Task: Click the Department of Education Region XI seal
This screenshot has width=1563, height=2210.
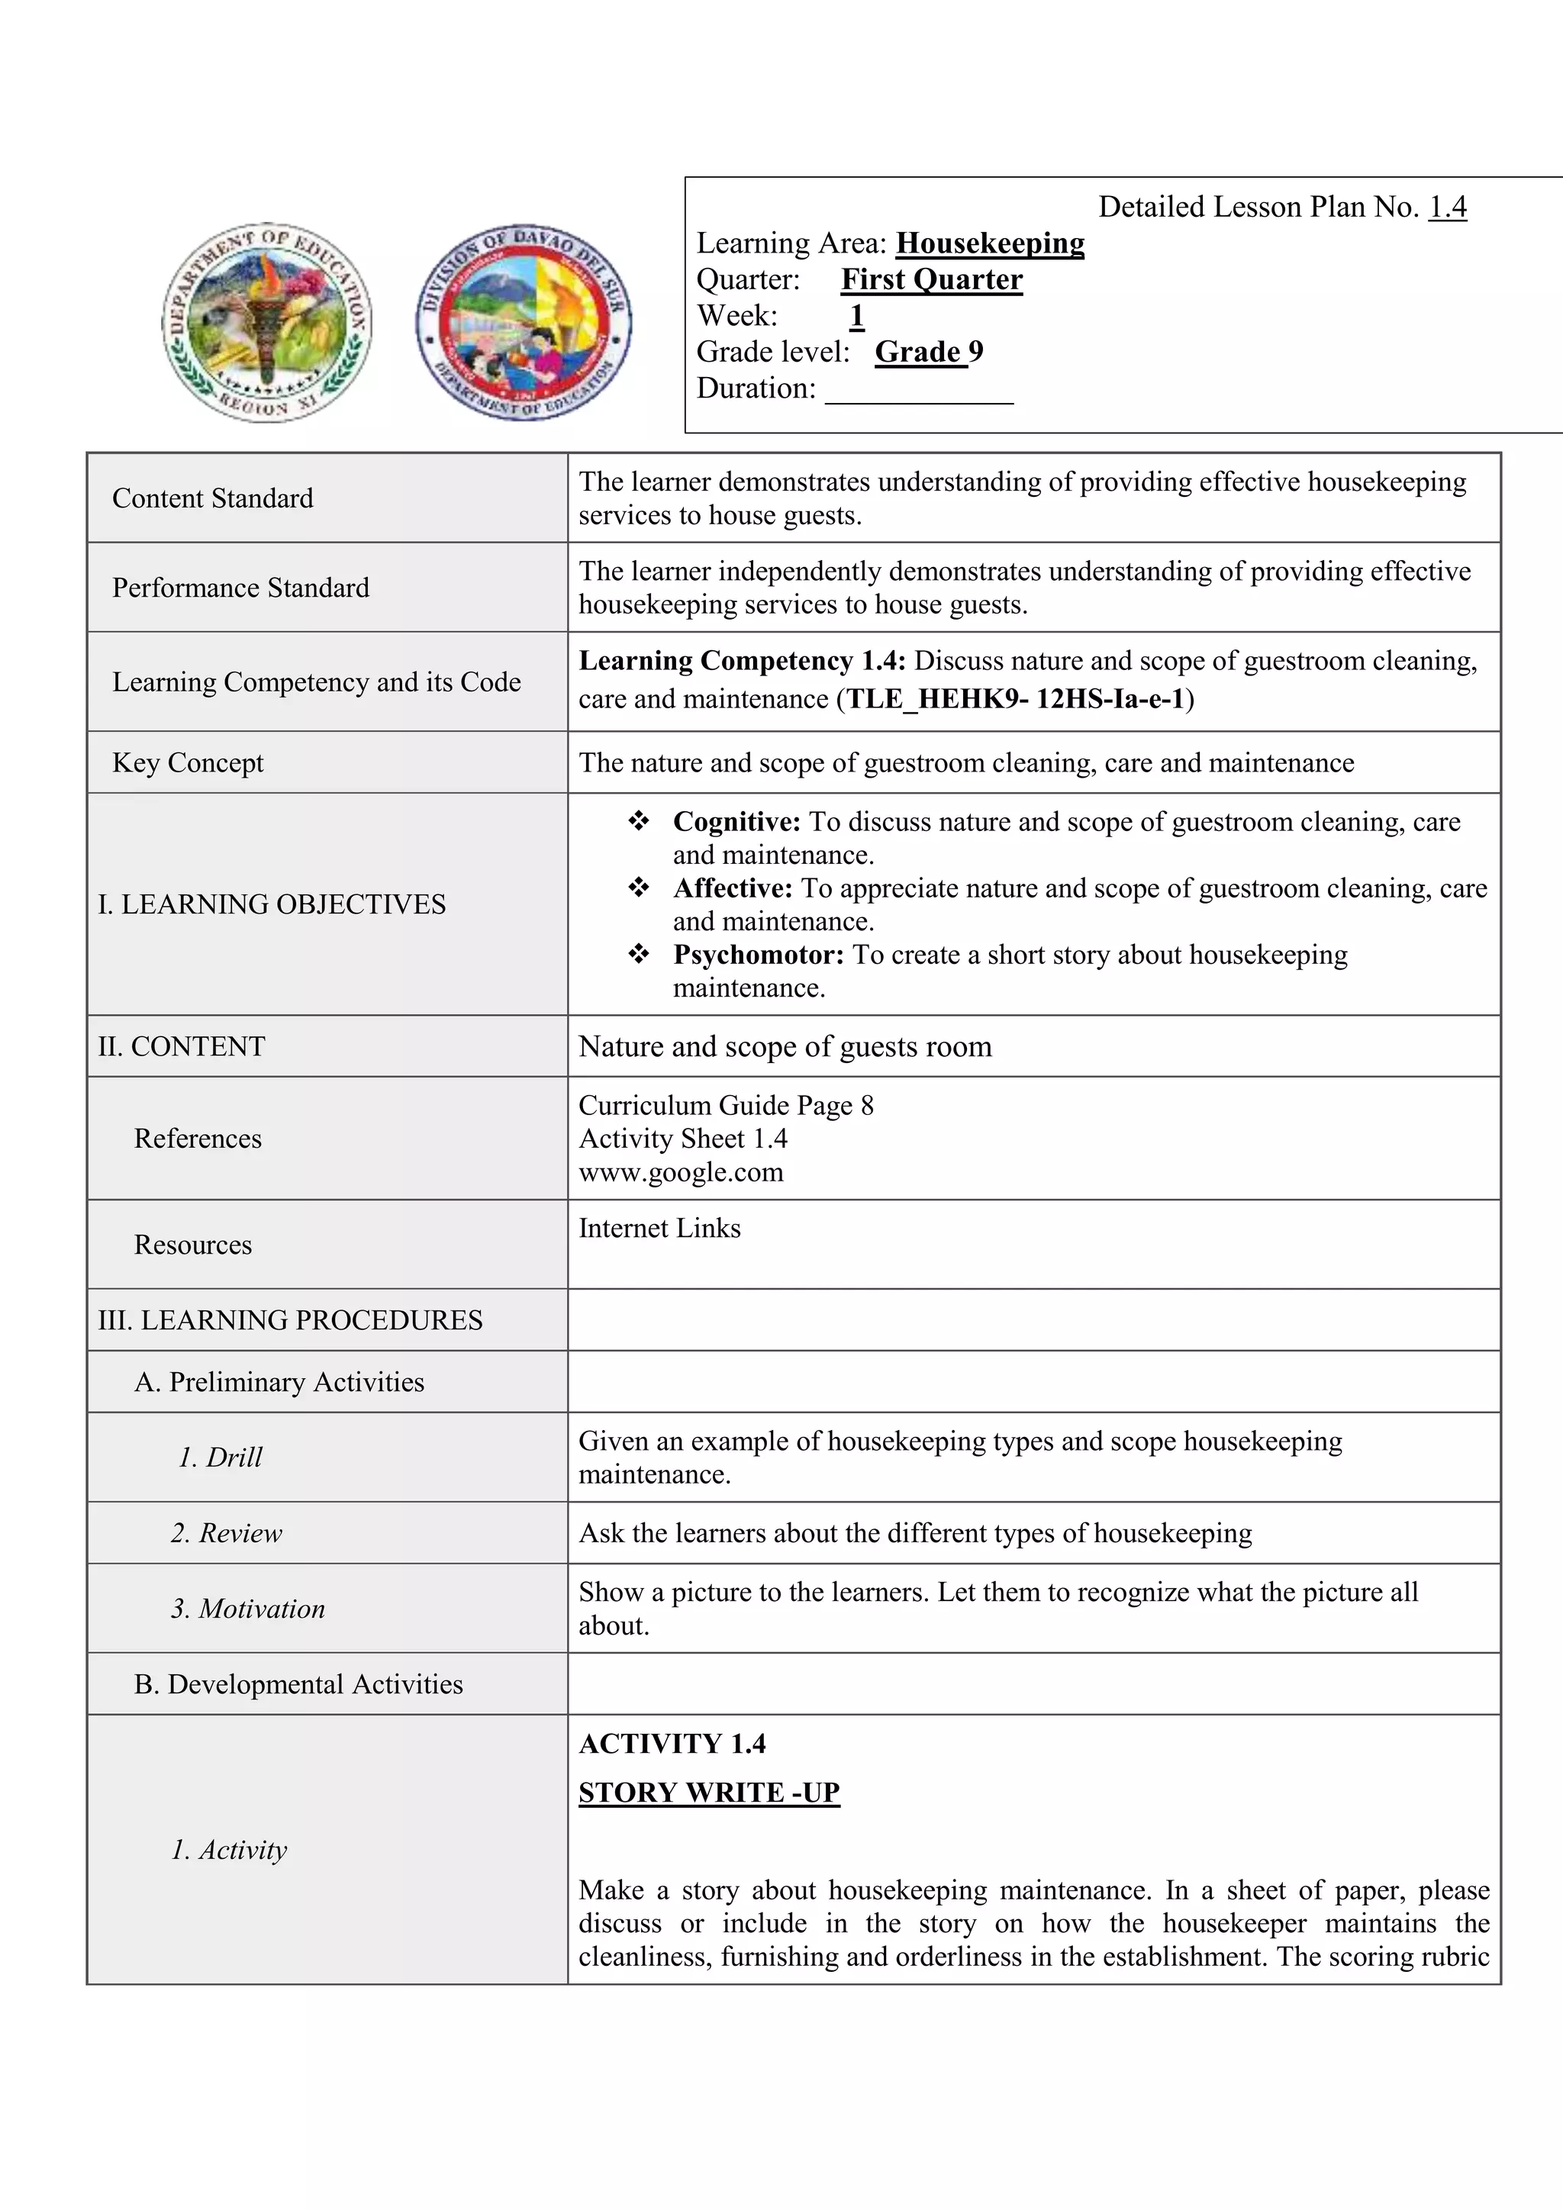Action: [x=266, y=323]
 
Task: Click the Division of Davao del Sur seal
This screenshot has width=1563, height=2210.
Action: [x=524, y=323]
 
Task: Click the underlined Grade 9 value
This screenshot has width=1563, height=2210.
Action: [x=928, y=351]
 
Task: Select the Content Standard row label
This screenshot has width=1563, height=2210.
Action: [x=213, y=498]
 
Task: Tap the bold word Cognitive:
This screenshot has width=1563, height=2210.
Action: [x=736, y=821]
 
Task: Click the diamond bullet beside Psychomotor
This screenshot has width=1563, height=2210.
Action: [x=638, y=954]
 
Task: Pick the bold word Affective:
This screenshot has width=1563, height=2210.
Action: [x=733, y=888]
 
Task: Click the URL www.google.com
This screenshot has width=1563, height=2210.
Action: [x=681, y=1171]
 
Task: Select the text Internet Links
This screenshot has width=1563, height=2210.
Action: [x=659, y=1228]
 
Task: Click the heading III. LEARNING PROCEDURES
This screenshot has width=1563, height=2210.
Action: [x=290, y=1319]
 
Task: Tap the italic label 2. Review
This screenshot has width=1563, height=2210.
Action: [x=227, y=1532]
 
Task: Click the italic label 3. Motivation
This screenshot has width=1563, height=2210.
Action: [x=248, y=1609]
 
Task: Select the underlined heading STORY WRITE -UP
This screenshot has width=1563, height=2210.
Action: [x=709, y=1793]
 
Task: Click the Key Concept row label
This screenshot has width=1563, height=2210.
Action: [x=188, y=762]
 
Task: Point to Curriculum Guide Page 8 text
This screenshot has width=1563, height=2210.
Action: [x=726, y=1105]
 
